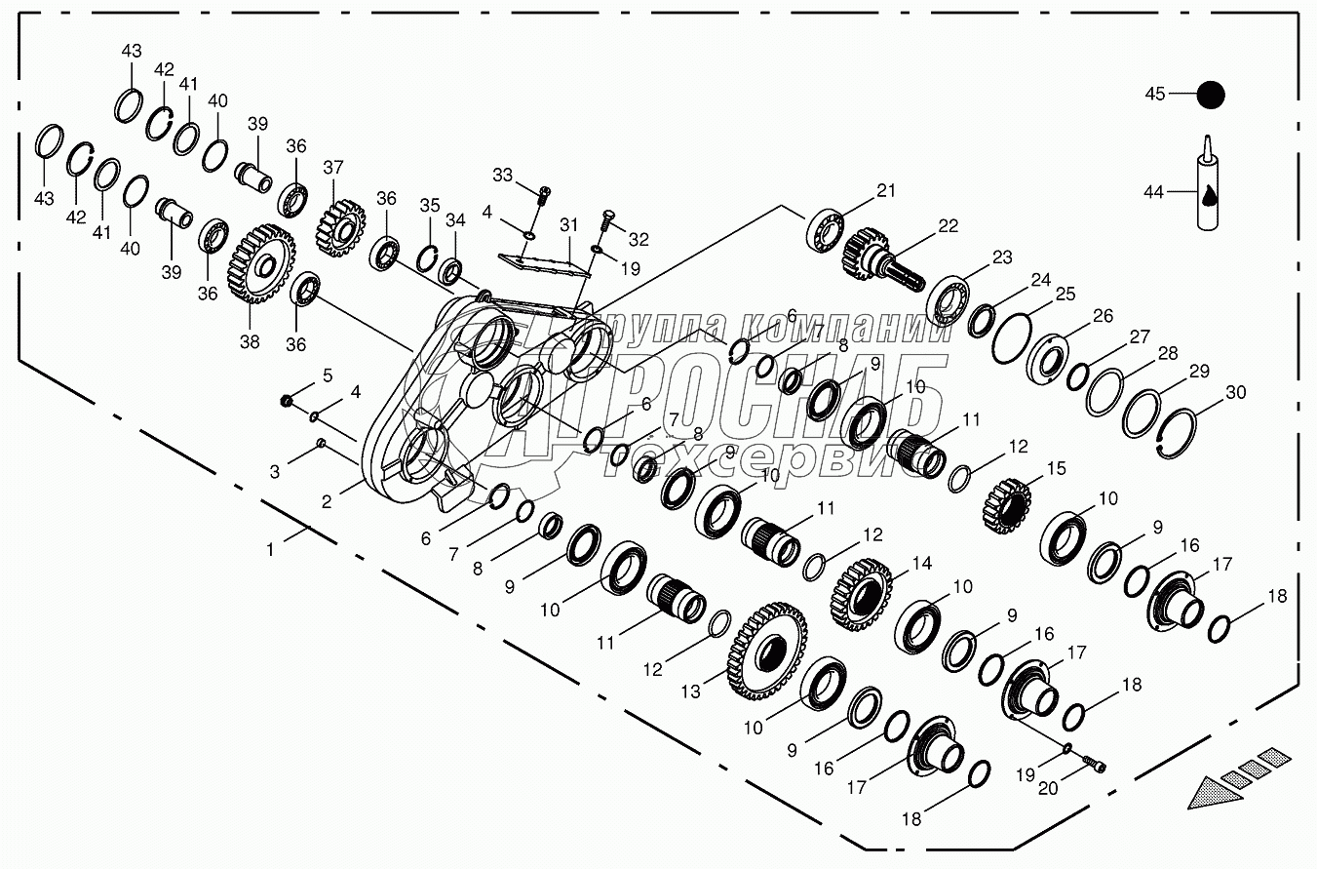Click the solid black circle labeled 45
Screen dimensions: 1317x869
tap(1210, 95)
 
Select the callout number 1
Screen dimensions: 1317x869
tap(270, 549)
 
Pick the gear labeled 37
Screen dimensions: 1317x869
tap(338, 226)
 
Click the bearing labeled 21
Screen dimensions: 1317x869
tap(824, 228)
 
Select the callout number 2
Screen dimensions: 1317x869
tap(327, 502)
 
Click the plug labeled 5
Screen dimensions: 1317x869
tap(286, 400)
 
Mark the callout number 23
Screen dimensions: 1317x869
tap(1002, 258)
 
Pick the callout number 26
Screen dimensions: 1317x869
tap(1102, 315)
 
